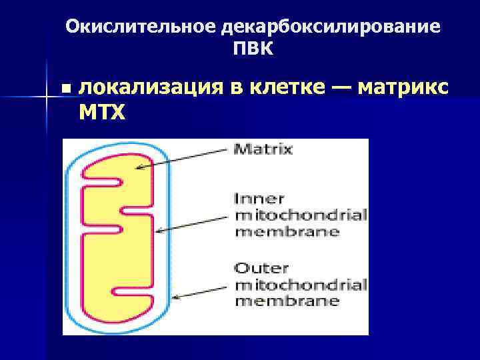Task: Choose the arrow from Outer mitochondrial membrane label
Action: [203, 292]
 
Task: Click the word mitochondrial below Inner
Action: [301, 215]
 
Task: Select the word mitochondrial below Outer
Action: [301, 285]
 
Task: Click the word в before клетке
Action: [237, 87]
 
